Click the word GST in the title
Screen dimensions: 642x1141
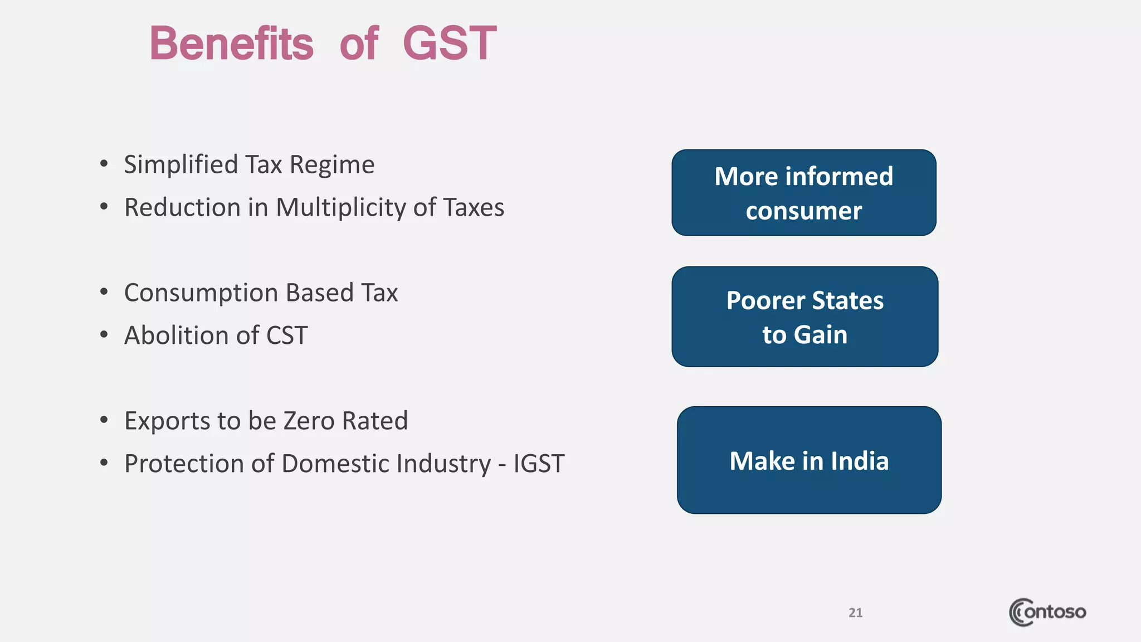click(x=449, y=43)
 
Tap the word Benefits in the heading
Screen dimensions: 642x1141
click(x=232, y=43)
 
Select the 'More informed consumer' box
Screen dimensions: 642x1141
click(x=803, y=192)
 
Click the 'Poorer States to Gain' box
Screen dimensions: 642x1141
click(x=804, y=317)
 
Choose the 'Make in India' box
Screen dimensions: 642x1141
click(x=809, y=460)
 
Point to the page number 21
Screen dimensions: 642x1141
click(x=855, y=612)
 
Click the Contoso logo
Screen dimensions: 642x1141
click(x=1047, y=612)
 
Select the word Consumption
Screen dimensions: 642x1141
click(x=201, y=293)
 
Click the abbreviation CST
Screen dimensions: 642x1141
click(x=287, y=335)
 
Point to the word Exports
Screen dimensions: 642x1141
click(x=167, y=421)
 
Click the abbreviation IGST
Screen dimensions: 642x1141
click(x=539, y=464)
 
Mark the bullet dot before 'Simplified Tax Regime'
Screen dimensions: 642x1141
click(x=104, y=164)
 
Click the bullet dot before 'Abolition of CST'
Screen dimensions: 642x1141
click(x=104, y=335)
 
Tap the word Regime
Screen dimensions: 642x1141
click(x=332, y=165)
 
